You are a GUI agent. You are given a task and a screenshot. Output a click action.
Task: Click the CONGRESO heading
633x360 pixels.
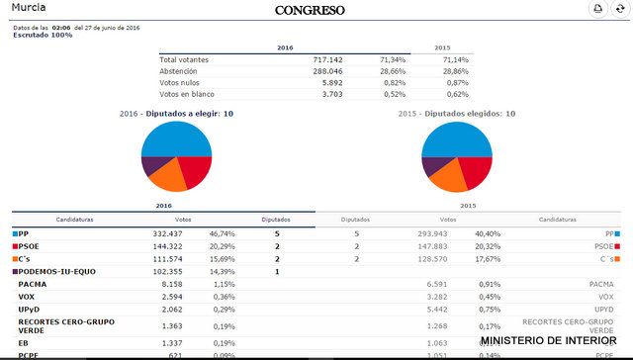(x=310, y=10)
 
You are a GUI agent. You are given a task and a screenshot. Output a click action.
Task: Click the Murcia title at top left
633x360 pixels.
(x=29, y=7)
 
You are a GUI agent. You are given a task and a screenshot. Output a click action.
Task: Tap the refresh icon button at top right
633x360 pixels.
(x=620, y=9)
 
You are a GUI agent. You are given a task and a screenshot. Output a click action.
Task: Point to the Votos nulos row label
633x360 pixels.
(x=182, y=83)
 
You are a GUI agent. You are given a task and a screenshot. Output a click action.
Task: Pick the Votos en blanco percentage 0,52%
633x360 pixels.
(x=393, y=95)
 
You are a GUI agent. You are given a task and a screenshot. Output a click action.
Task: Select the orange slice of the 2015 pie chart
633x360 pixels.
(x=450, y=178)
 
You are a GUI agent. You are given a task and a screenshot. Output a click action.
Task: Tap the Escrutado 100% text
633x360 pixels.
(x=43, y=35)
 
